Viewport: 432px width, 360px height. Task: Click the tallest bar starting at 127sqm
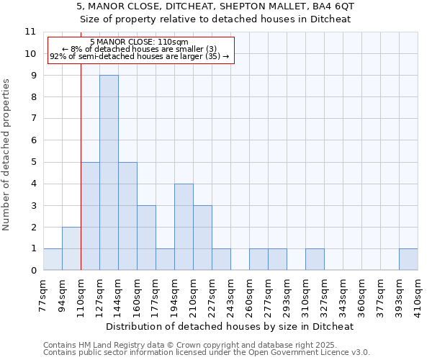(109, 173)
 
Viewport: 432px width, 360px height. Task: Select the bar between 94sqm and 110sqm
(71, 248)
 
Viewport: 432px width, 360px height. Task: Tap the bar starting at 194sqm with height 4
(184, 227)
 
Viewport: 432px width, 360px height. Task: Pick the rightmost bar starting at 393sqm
(408, 259)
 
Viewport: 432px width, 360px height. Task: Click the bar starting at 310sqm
(315, 259)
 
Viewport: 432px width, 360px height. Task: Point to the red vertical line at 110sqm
(81, 180)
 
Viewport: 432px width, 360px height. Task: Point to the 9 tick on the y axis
(31, 75)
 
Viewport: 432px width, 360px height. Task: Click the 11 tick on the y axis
(30, 32)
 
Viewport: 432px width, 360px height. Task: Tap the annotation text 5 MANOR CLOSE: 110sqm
(140, 42)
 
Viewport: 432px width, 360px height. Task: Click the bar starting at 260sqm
(258, 259)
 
